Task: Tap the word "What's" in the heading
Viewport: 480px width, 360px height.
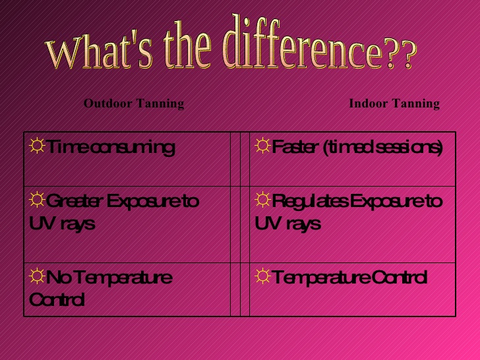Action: click(99, 51)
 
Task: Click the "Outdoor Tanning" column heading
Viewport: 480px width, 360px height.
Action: click(134, 104)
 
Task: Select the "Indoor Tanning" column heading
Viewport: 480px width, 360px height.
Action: click(394, 104)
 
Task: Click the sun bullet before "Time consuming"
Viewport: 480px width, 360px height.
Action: click(37, 146)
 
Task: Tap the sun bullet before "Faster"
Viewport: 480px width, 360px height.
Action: click(262, 146)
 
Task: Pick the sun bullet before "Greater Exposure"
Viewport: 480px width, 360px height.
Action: click(37, 200)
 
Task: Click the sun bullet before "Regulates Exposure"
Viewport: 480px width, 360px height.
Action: click(262, 200)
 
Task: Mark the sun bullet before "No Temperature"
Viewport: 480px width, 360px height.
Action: click(37, 276)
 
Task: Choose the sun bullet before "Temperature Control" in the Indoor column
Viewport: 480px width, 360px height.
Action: click(262, 276)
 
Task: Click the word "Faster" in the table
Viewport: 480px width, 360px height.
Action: click(293, 146)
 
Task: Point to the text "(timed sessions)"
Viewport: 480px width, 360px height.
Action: click(383, 148)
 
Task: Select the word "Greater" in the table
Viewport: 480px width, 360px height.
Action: click(73, 201)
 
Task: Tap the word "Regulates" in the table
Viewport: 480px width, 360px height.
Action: click(309, 202)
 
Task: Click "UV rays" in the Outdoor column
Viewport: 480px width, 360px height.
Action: click(62, 224)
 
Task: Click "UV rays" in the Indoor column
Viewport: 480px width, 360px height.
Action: click(287, 224)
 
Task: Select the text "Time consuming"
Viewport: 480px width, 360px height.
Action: click(111, 148)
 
